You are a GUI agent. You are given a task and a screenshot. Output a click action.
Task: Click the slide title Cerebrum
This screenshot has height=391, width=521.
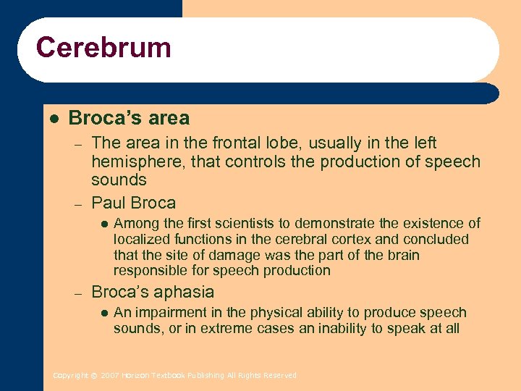coord(103,48)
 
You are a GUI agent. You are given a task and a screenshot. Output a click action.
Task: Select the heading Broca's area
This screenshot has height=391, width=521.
coord(129,118)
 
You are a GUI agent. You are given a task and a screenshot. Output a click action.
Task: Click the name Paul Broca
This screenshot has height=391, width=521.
coord(133,203)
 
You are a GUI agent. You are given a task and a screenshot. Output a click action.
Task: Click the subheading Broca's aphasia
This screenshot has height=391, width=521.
coord(153,292)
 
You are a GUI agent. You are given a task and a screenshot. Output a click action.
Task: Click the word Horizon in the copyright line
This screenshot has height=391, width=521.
coord(135,375)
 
